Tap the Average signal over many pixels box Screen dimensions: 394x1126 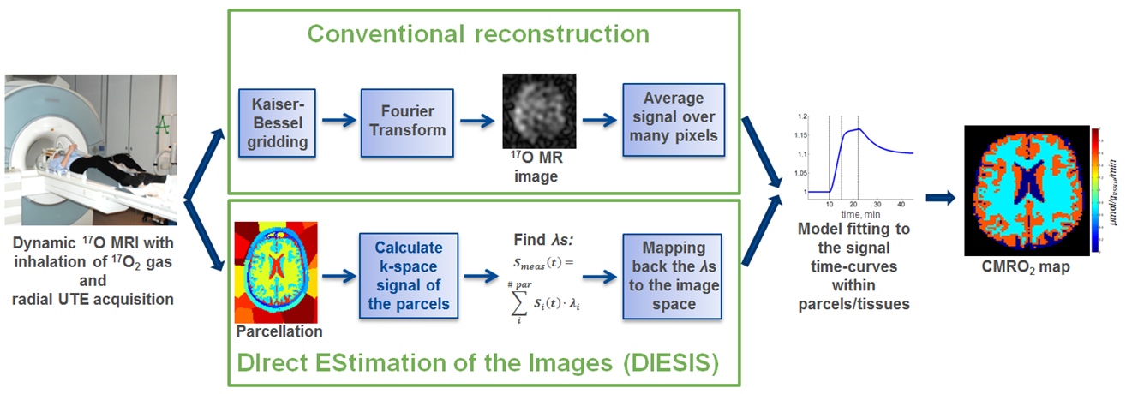[x=674, y=119]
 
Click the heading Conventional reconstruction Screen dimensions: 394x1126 [x=478, y=34]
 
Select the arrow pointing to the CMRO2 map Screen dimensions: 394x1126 [x=941, y=198]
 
